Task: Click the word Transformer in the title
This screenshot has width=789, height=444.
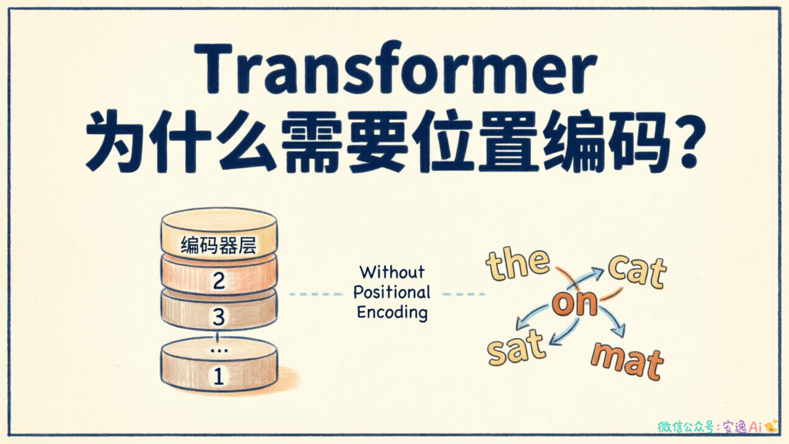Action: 396,68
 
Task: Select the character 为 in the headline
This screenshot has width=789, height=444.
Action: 115,142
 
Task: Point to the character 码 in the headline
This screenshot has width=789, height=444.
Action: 638,142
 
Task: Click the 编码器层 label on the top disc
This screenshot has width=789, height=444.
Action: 218,245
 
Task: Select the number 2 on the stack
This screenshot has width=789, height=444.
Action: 219,281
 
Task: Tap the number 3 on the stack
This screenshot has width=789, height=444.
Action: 219,316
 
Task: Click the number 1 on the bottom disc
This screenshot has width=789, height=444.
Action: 219,376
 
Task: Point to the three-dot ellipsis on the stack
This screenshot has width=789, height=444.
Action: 219,351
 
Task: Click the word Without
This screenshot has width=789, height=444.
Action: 392,272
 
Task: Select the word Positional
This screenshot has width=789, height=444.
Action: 391,292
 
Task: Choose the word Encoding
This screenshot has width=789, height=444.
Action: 392,313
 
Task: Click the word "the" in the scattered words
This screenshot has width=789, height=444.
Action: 517,263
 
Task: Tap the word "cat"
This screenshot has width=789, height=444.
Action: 637,271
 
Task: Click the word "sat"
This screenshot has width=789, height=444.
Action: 517,347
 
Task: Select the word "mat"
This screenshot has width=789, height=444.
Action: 628,361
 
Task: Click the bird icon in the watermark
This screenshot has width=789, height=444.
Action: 771,425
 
